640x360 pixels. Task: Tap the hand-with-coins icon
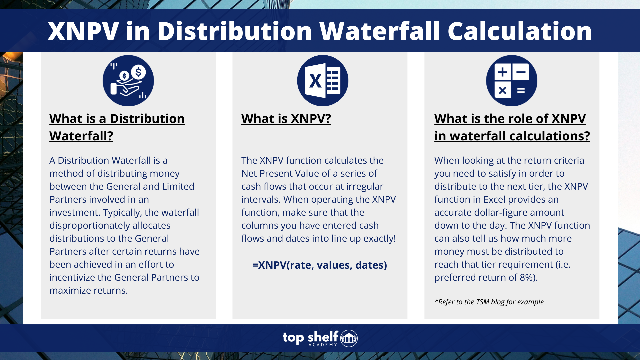click(x=128, y=81)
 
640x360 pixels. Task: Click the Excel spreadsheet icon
click(x=323, y=81)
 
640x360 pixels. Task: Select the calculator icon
click(x=511, y=81)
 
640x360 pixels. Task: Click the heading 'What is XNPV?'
click(x=286, y=119)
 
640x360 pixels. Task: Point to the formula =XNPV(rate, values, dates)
click(x=319, y=265)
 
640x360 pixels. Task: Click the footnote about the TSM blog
click(x=489, y=302)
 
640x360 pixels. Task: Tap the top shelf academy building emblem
click(x=349, y=338)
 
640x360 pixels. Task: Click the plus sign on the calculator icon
click(x=502, y=72)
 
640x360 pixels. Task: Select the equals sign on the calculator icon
click(x=521, y=90)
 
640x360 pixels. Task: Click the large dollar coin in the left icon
click(x=138, y=72)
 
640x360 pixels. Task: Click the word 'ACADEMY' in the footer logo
click(x=323, y=345)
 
